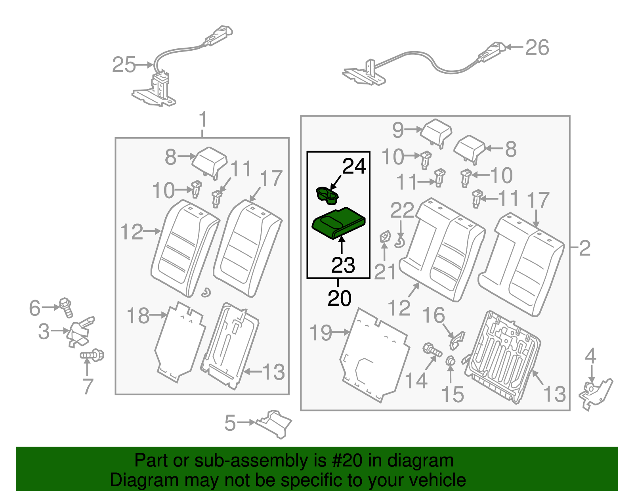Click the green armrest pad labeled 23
coord(338,224)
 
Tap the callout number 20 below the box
coord(340,298)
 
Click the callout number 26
coord(537,48)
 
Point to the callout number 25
coord(124,65)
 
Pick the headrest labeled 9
coord(435,132)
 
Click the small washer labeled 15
coord(451,361)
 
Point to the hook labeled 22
coord(400,241)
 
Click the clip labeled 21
coord(384,237)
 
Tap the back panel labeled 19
coord(374,355)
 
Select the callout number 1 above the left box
coord(203,119)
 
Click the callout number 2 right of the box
coord(584,248)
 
